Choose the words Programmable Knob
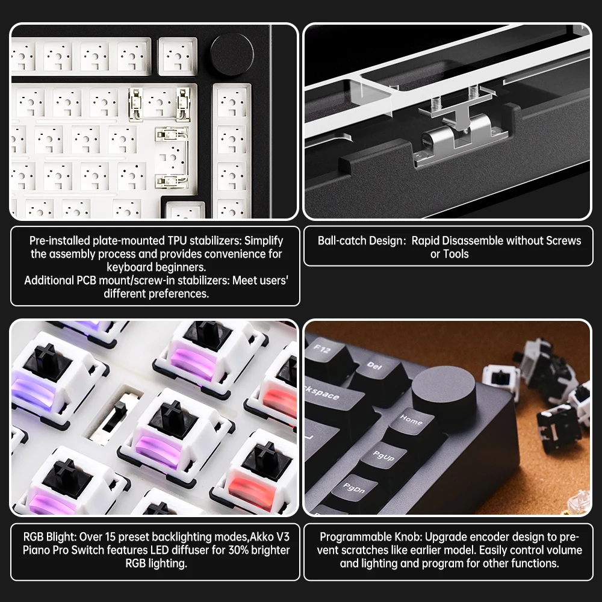click(358, 537)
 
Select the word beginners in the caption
click(180, 267)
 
